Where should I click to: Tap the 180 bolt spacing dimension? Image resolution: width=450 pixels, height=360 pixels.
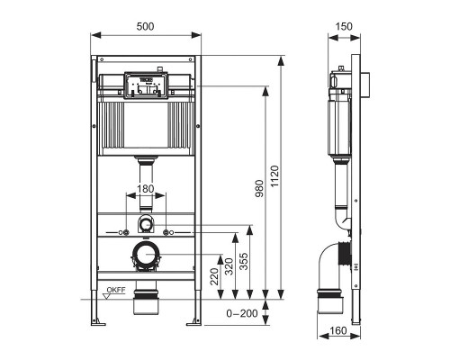pyautogui.click(x=145, y=191)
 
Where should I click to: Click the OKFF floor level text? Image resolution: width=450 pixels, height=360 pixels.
pyautogui.click(x=115, y=289)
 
